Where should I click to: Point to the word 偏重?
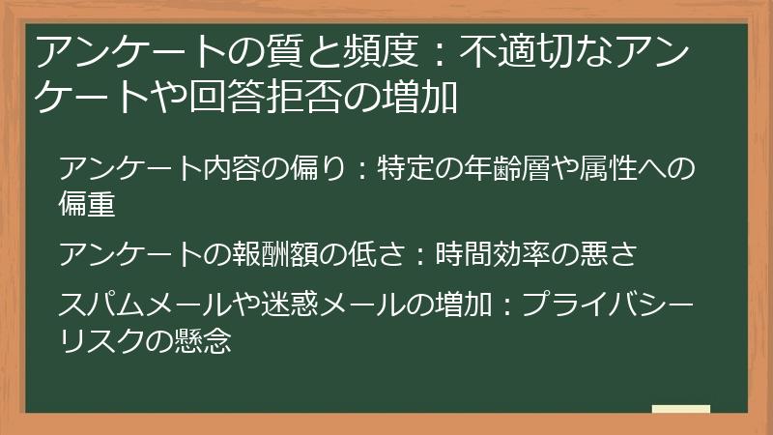point(87,203)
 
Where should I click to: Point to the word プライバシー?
point(608,304)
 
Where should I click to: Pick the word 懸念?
point(203,340)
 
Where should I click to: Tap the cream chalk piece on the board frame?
point(681,409)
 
